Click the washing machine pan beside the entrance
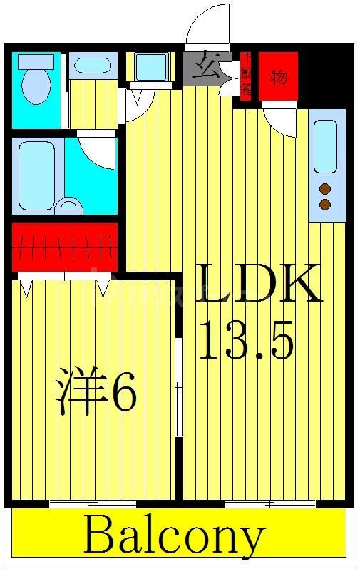point(151,67)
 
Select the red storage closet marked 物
point(278,76)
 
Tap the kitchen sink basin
point(325,145)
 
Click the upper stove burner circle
point(326,189)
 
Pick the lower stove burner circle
point(326,205)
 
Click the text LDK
point(257,285)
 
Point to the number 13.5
point(246,339)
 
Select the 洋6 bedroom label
point(96,391)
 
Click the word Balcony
point(175,536)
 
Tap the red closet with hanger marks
point(65,247)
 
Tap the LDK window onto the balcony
point(269,504)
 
